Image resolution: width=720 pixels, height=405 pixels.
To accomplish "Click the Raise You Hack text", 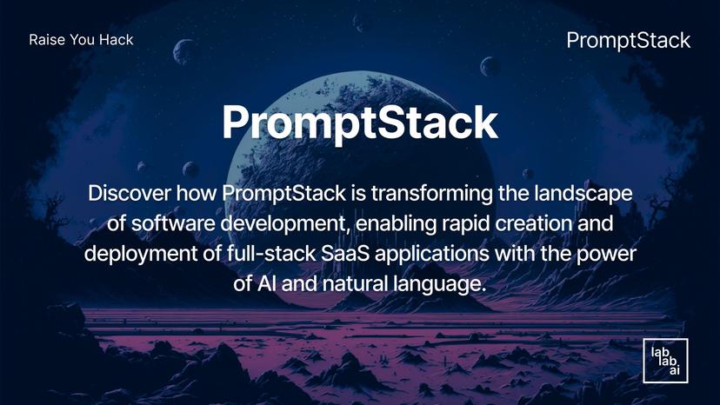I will [x=81, y=40].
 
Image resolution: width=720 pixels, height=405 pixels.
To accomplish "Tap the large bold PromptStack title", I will [x=359, y=123].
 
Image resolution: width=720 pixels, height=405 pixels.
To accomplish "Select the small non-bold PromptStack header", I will [x=628, y=40].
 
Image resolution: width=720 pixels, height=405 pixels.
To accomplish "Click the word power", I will [x=603, y=254].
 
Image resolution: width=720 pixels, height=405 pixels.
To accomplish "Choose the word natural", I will [x=351, y=284].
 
